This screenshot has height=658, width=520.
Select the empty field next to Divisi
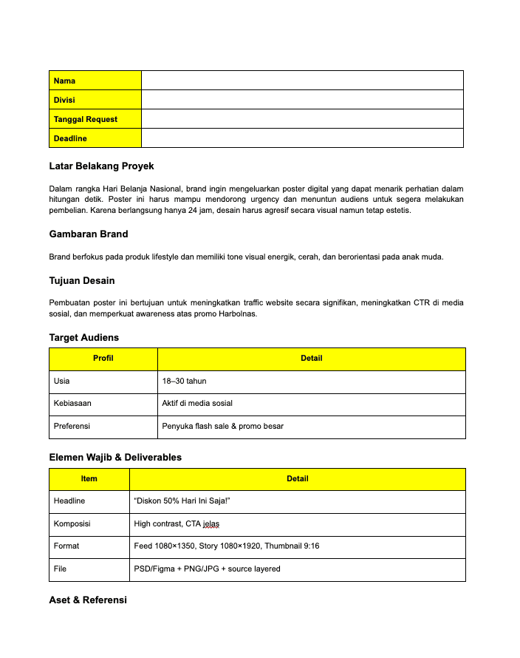[x=301, y=100]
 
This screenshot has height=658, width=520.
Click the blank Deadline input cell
[x=301, y=138]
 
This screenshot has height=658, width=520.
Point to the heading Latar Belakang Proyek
[x=101, y=166]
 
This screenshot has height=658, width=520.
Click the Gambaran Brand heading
[x=89, y=234]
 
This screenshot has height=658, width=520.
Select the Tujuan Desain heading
[x=82, y=280]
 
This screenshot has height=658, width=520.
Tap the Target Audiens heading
[x=84, y=337]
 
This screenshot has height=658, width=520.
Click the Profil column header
[x=103, y=359]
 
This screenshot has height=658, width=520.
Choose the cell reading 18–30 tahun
[x=185, y=381]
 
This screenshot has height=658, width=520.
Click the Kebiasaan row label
[x=72, y=404]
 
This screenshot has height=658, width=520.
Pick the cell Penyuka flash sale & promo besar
[x=222, y=426]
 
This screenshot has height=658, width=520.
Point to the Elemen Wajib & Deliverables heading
[x=115, y=457]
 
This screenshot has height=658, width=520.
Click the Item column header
[x=89, y=479]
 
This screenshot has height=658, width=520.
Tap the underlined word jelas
[x=211, y=523]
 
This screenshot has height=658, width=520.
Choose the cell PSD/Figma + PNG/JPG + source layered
[x=207, y=569]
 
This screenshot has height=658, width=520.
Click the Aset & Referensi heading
[x=88, y=600]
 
